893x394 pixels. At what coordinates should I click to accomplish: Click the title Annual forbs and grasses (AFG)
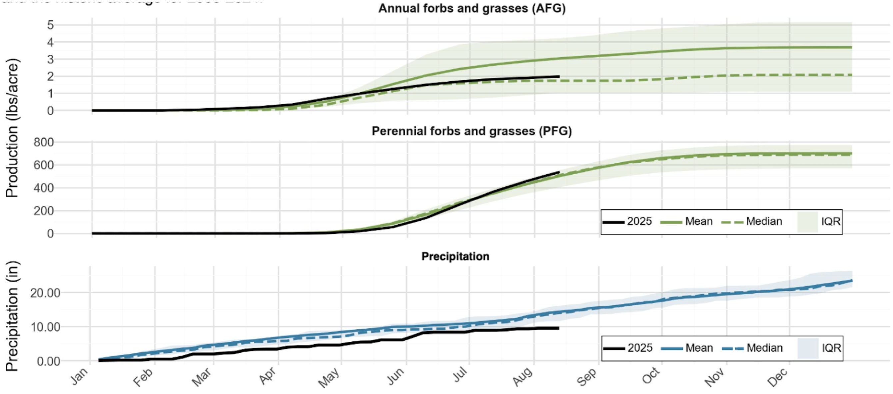(472, 8)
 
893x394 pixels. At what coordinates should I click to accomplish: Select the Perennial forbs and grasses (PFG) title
(471, 131)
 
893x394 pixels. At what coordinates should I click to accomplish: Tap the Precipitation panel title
(455, 256)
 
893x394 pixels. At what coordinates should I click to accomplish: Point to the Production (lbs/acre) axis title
(12, 128)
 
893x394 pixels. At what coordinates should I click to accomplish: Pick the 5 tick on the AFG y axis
(51, 25)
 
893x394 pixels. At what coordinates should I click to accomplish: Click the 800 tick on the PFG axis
(44, 142)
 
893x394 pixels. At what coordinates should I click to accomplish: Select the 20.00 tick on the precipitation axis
(45, 293)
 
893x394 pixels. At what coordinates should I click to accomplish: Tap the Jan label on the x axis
(80, 376)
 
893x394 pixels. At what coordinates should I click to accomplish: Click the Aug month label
(523, 376)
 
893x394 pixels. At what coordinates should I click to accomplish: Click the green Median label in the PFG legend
(764, 221)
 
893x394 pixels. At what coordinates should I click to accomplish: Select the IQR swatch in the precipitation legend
(808, 348)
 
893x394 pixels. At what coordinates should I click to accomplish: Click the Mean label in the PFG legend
(698, 221)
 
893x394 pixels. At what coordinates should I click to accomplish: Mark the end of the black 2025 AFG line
(559, 76)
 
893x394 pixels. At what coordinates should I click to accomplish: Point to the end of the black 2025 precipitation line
(558, 328)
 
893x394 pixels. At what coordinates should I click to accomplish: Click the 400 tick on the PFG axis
(44, 188)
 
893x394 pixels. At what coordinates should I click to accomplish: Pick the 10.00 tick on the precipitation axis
(45, 327)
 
